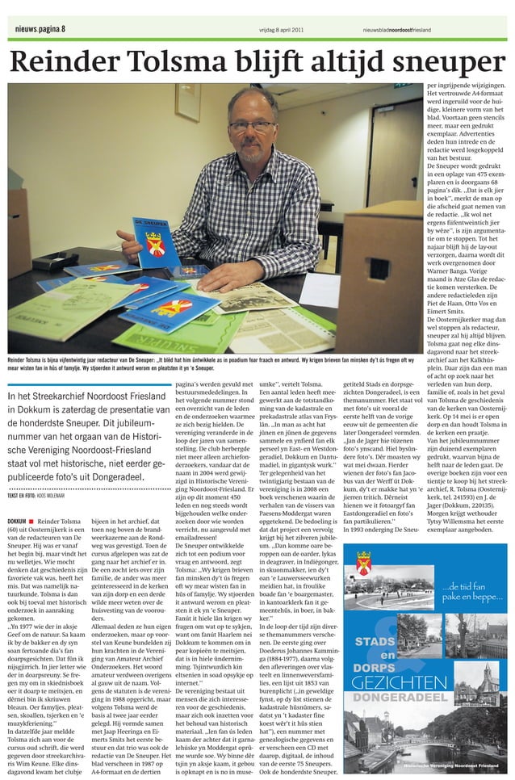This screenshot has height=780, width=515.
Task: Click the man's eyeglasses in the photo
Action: [x=251, y=127]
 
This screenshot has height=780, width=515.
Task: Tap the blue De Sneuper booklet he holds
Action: [x=157, y=241]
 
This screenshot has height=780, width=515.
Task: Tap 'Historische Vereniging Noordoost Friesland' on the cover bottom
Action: [x=450, y=763]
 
